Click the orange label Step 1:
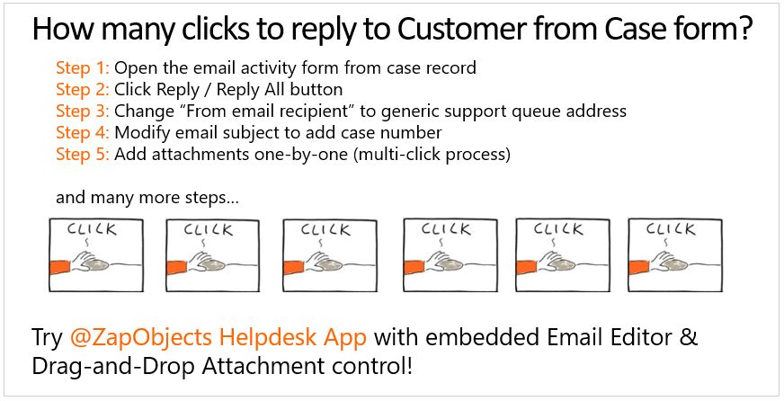[x=83, y=67]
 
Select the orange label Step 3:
[x=83, y=111]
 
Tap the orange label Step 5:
[x=83, y=155]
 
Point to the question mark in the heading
[x=745, y=29]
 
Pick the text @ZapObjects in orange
[x=142, y=338]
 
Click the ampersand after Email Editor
[x=689, y=337]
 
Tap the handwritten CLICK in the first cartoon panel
[x=92, y=230]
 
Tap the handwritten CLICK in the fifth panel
[x=558, y=229]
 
